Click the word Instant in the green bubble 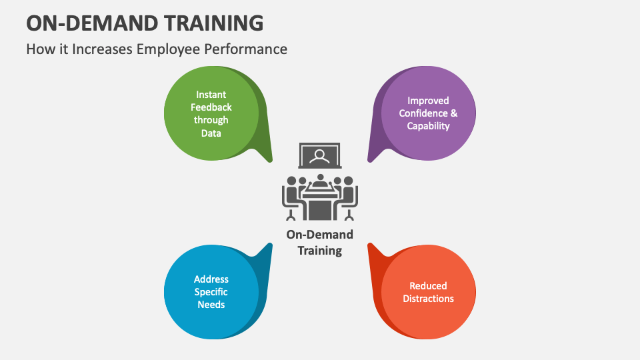[x=211, y=95]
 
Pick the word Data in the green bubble [x=211, y=133]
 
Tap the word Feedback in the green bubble [x=211, y=107]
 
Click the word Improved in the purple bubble [x=428, y=101]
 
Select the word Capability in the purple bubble [x=428, y=126]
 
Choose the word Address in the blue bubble [x=211, y=279]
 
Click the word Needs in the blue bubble [x=211, y=305]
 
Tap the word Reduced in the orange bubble [x=428, y=286]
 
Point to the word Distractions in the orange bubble [x=428, y=299]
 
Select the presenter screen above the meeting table [x=320, y=156]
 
